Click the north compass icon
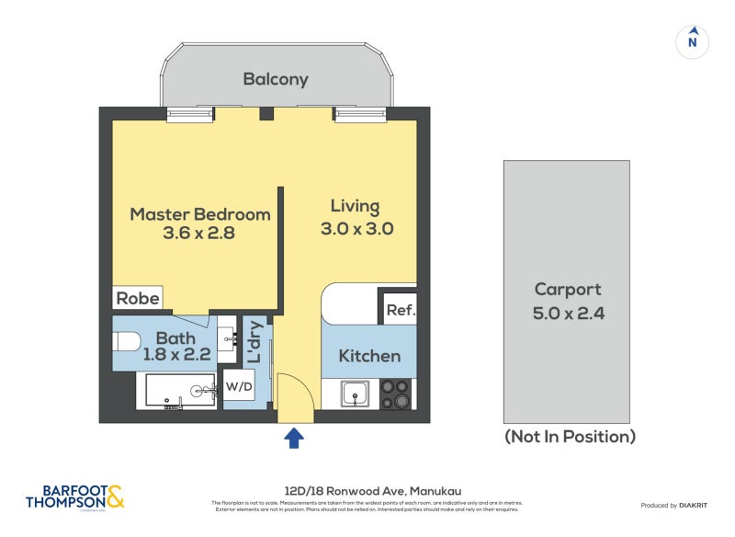point(694,40)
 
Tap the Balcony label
point(276,79)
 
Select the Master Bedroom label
point(199,214)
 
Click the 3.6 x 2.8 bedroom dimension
point(199,234)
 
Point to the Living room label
point(355,206)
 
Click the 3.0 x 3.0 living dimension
point(356,229)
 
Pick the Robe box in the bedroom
point(138,298)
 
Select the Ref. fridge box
point(400,311)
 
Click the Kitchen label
point(369,356)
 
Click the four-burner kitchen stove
point(396,394)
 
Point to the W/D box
point(239,386)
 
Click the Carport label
point(568,290)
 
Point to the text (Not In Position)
point(570,437)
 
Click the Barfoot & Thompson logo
point(74,497)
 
